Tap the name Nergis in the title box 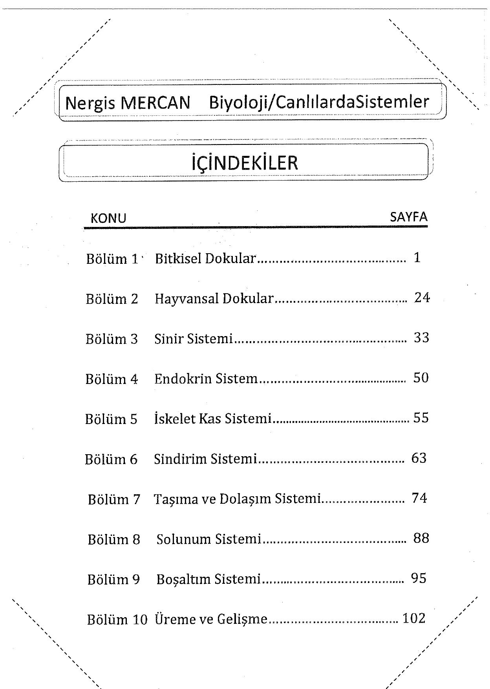90,103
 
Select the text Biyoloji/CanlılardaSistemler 319,102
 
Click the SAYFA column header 409,217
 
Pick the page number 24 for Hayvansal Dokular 422,298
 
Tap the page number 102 414,618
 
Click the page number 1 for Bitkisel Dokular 417,258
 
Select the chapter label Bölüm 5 111,419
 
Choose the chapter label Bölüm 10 117,620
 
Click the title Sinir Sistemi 194,338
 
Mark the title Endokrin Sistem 206,379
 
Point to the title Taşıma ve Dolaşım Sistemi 237,499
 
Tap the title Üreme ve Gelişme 211,619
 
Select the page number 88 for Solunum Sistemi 421,538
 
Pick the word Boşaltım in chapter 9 181,579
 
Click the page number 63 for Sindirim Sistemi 419,458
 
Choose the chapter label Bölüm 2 112,299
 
